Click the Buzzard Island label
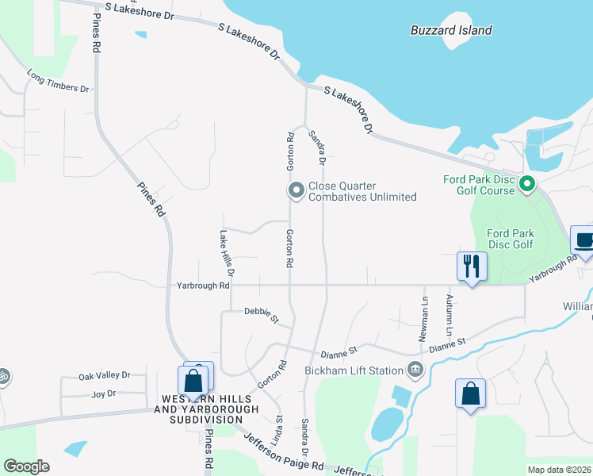click(451, 31)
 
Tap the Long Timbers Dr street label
click(58, 83)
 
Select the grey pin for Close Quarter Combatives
click(296, 190)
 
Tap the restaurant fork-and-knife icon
click(471, 267)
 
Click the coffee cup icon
click(584, 240)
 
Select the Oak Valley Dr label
click(104, 376)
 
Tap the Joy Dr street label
click(104, 393)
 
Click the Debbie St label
click(262, 315)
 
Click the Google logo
click(26, 466)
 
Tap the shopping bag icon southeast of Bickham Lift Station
click(470, 394)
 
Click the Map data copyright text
click(559, 470)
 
